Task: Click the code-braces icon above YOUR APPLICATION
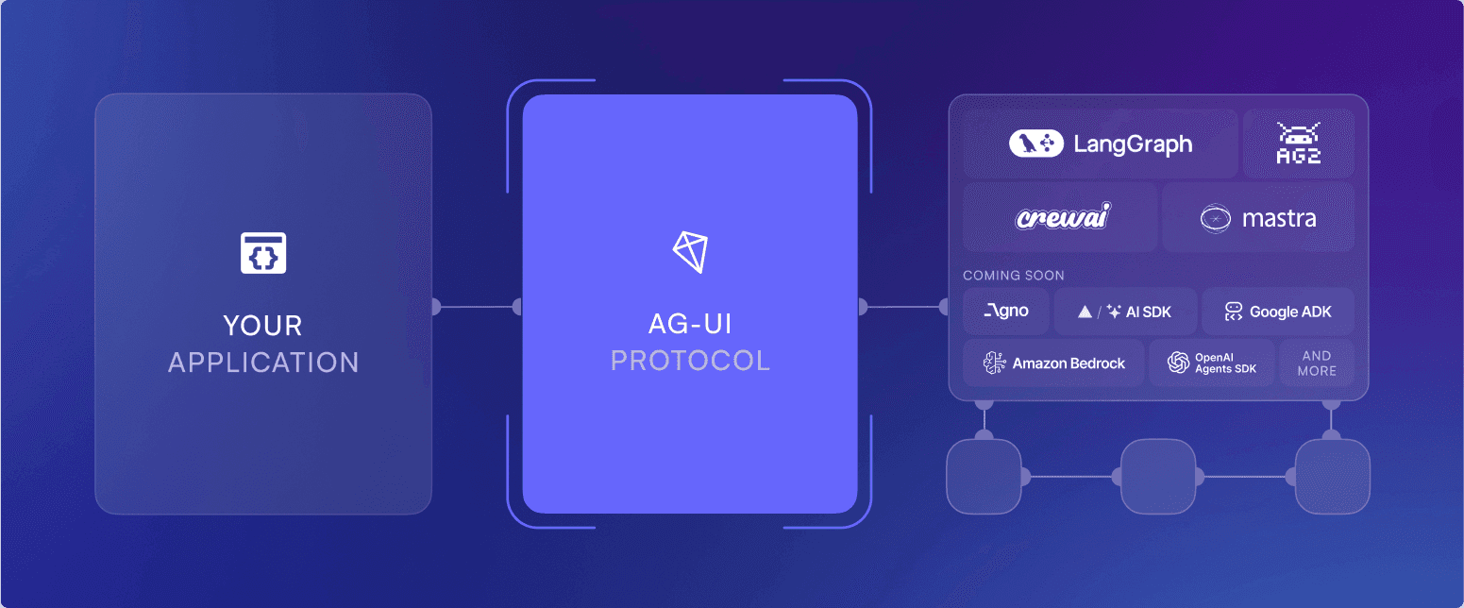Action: tap(263, 253)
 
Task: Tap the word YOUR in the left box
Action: tap(263, 327)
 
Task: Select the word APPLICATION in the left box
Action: tap(263, 363)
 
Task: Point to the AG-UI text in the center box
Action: tap(690, 324)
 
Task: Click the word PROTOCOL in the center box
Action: tap(690, 360)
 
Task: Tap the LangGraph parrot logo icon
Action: tap(1036, 144)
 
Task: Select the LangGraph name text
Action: tap(1133, 144)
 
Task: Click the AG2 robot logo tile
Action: tap(1298, 144)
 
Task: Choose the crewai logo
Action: tap(1062, 218)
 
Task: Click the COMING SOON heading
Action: tap(1013, 276)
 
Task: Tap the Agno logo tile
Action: tap(1005, 312)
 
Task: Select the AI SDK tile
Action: tap(1125, 312)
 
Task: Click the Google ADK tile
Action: tap(1278, 312)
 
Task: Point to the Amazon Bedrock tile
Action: tap(1053, 363)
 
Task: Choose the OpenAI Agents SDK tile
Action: tap(1212, 363)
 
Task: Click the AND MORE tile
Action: tap(1317, 363)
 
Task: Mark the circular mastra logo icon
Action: tap(1215, 219)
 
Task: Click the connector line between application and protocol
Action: tap(477, 307)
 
